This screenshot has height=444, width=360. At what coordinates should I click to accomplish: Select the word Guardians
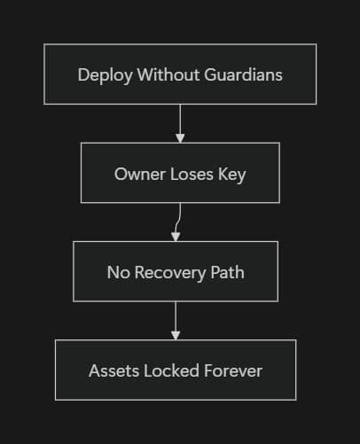[x=241, y=74]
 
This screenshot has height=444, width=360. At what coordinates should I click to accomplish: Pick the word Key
[x=231, y=174]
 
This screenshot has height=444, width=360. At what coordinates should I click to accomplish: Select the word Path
[x=226, y=272]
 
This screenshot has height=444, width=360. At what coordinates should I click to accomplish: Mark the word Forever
[x=232, y=370]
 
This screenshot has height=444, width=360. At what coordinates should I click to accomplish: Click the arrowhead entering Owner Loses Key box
[x=180, y=138]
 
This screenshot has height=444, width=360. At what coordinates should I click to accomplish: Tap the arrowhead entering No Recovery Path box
[x=176, y=237]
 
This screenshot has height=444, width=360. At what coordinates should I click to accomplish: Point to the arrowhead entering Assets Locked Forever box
[x=176, y=335]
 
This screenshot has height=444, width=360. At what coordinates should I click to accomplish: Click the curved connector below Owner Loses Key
[x=178, y=218]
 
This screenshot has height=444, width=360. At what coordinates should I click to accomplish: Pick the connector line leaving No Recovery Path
[x=176, y=315]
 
